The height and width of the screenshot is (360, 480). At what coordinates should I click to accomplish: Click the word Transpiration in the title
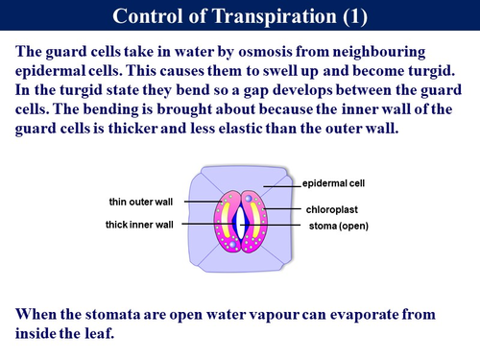click(x=275, y=16)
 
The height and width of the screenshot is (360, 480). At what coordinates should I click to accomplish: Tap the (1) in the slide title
click(x=355, y=16)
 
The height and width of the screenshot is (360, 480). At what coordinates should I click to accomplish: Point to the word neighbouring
click(x=379, y=52)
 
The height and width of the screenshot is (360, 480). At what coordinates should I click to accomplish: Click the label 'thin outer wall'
click(x=141, y=202)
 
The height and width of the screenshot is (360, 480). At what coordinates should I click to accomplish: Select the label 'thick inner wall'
click(x=139, y=225)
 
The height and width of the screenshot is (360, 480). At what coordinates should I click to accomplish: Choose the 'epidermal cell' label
click(x=333, y=183)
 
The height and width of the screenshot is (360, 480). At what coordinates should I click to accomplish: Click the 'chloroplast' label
click(x=332, y=209)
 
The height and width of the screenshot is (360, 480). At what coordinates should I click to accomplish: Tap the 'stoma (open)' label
click(x=339, y=226)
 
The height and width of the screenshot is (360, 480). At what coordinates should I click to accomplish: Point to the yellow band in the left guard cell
click(x=226, y=220)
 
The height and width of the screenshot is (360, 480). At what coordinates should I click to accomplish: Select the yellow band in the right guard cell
click(x=255, y=220)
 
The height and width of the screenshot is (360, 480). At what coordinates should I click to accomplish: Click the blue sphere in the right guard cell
click(x=249, y=199)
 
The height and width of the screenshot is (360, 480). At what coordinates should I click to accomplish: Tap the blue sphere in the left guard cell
click(x=232, y=245)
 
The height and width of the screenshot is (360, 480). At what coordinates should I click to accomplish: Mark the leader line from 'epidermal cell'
click(x=282, y=186)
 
